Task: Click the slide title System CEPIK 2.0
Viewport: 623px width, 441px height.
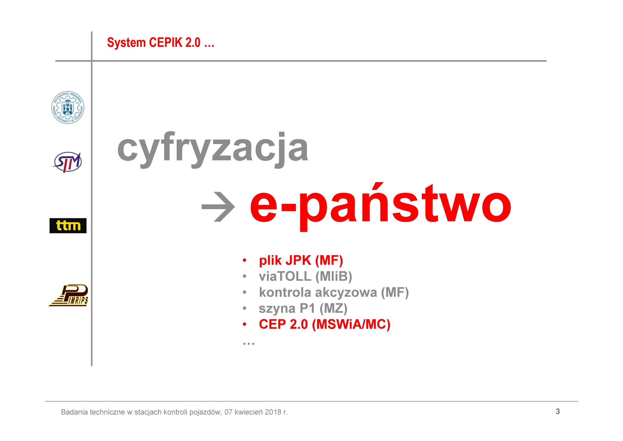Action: pyautogui.click(x=161, y=43)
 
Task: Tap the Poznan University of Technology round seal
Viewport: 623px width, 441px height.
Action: pyautogui.click(x=68, y=107)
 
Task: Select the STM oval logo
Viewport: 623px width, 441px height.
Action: pyautogui.click(x=67, y=162)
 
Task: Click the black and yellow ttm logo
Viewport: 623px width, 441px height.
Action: pyautogui.click(x=68, y=225)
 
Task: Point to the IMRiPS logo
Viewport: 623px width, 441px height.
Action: pyautogui.click(x=68, y=295)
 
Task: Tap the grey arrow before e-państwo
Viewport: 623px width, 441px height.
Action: pyautogui.click(x=218, y=207)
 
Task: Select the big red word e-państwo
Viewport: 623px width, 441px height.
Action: pyautogui.click(x=381, y=206)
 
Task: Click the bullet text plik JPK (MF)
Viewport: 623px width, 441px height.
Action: pyautogui.click(x=301, y=260)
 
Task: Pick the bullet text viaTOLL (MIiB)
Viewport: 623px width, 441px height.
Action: pyautogui.click(x=306, y=276)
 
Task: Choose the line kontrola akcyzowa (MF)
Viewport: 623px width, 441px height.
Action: pyautogui.click(x=334, y=292)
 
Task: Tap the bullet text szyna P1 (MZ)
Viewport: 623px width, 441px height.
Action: pyautogui.click(x=303, y=308)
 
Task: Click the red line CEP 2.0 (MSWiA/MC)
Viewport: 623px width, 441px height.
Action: pyautogui.click(x=325, y=324)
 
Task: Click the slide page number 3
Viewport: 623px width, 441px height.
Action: pyautogui.click(x=558, y=411)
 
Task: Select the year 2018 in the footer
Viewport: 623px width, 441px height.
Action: pyautogui.click(x=273, y=412)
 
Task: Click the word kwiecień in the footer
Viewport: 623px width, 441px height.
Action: pyautogui.click(x=249, y=412)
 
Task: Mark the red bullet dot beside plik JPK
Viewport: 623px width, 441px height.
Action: pyautogui.click(x=244, y=260)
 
